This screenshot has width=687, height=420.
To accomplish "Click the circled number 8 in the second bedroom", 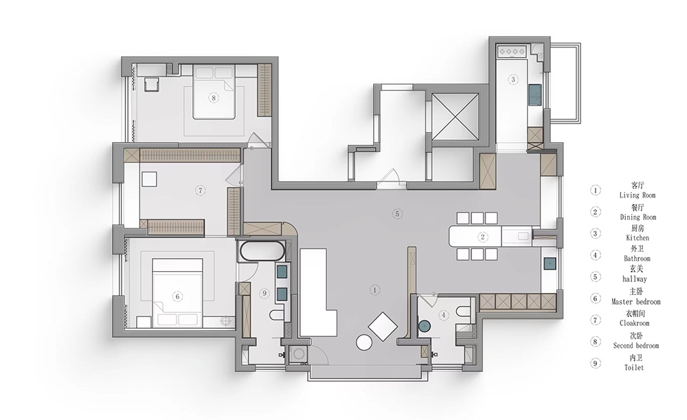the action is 214,98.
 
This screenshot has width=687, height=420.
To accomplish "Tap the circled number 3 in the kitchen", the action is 513,79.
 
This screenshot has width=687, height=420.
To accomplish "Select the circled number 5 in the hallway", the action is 397,214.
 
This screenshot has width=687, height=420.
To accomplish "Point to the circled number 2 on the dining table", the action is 482,237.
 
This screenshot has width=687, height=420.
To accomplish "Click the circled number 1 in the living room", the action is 374,290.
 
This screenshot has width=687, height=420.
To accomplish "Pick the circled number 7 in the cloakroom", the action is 200,190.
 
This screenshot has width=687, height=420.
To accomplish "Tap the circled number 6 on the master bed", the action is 177,296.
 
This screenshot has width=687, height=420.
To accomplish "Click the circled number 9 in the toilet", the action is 264,294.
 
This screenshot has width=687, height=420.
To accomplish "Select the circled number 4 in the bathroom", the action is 444,314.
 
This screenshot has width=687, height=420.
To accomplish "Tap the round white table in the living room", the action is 364,342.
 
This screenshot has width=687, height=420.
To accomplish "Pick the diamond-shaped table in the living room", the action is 383,327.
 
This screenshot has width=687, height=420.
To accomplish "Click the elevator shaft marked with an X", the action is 455,117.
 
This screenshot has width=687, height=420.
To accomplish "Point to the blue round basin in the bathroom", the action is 424,326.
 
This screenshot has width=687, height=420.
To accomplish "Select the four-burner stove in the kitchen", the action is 513,51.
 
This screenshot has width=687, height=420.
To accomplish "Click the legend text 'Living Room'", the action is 637,195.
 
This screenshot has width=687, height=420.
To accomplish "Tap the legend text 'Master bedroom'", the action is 635,302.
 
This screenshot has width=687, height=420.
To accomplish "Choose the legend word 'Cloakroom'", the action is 634,323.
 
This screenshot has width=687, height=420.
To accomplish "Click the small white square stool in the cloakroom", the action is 149,179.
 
